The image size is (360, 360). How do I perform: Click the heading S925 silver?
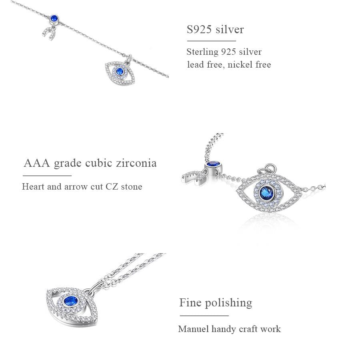[215, 30]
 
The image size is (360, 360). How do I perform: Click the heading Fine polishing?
[216, 303]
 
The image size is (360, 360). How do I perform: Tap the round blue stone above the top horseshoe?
[53, 18]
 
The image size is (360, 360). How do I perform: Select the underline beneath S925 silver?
[211, 41]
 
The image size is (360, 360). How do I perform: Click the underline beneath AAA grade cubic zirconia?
[47, 176]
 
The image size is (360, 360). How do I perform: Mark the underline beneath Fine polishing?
[204, 316]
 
